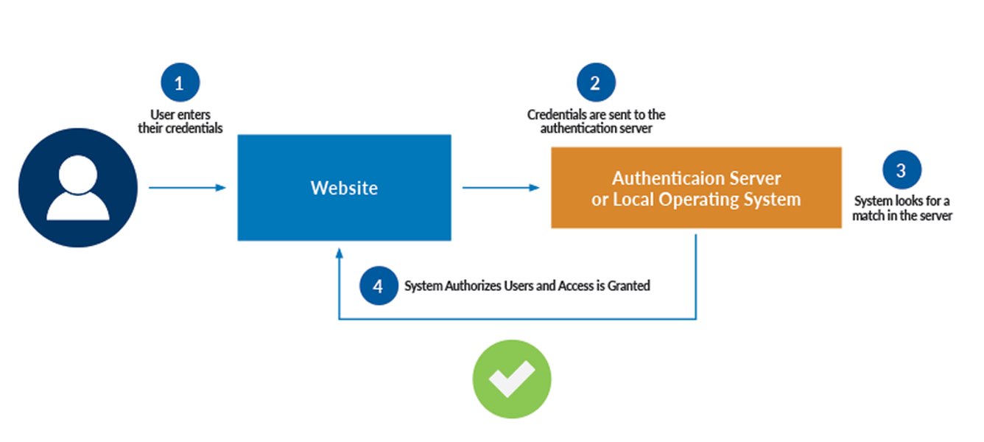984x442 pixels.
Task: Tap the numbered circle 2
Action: (x=596, y=83)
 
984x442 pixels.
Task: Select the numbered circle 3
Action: (x=902, y=169)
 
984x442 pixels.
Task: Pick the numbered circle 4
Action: (x=379, y=285)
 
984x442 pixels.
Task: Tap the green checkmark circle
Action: (x=511, y=379)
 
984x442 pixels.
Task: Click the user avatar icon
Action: (x=77, y=187)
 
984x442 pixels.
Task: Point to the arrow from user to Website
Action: (x=187, y=188)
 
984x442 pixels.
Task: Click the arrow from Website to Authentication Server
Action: (x=501, y=188)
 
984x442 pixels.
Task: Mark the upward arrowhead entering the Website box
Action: (x=339, y=252)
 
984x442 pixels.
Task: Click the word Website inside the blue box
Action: (x=344, y=188)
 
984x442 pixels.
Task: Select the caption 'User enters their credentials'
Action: (x=180, y=122)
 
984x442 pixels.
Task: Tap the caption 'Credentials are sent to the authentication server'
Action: (x=596, y=122)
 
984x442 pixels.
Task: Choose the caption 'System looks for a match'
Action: (x=902, y=208)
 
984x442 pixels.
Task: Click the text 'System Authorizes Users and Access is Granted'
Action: (x=527, y=286)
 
